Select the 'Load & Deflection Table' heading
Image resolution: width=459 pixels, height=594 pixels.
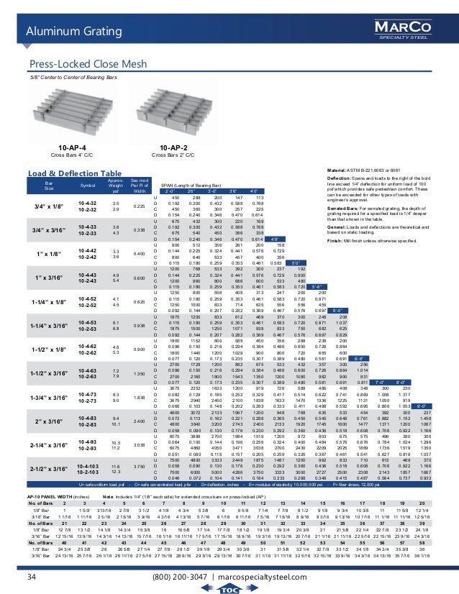tap(75, 173)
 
